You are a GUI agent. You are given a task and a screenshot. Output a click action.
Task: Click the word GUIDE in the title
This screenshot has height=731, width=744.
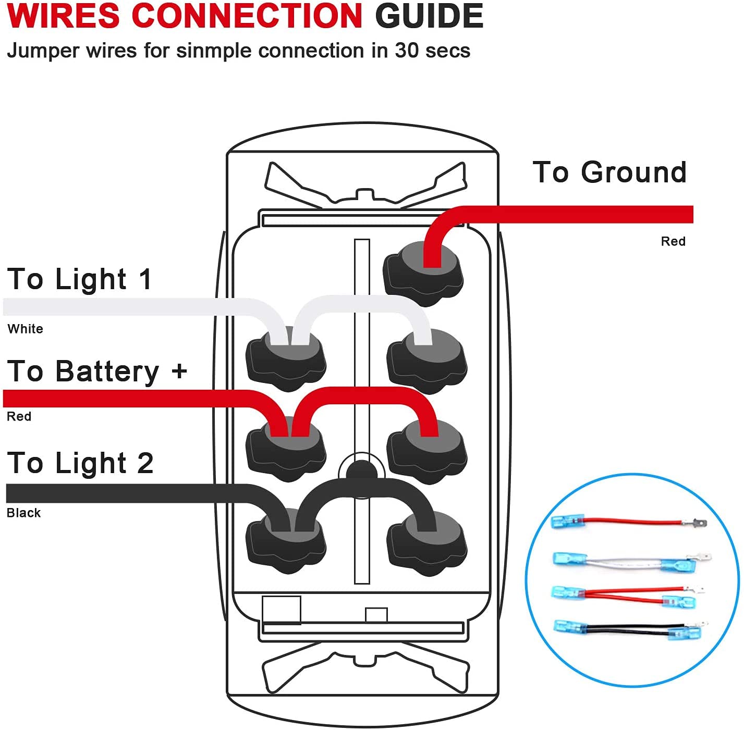tap(429, 16)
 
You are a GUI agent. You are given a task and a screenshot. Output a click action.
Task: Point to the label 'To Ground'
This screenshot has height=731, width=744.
tap(609, 172)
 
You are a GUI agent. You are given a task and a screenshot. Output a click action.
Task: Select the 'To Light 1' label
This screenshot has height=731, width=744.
tap(80, 279)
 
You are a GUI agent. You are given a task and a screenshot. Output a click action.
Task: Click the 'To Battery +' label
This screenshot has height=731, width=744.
tap(97, 371)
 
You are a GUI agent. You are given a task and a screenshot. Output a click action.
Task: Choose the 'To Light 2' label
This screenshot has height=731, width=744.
tap(80, 463)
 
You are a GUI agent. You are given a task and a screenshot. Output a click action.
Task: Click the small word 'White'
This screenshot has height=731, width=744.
tap(25, 329)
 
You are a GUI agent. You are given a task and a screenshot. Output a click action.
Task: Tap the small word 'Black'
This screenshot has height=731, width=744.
tap(23, 513)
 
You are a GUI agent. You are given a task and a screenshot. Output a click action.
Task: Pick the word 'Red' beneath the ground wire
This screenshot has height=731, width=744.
tap(673, 241)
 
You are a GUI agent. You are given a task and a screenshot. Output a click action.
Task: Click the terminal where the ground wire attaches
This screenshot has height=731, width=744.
tap(423, 274)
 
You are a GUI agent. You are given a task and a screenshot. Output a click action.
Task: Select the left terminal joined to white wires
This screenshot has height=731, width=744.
tap(286, 360)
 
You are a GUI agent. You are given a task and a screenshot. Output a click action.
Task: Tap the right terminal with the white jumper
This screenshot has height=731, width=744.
tap(426, 360)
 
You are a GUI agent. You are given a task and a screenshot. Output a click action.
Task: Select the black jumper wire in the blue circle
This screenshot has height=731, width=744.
tap(626, 629)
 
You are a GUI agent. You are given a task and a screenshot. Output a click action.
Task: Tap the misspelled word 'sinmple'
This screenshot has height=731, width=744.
tap(214, 51)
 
